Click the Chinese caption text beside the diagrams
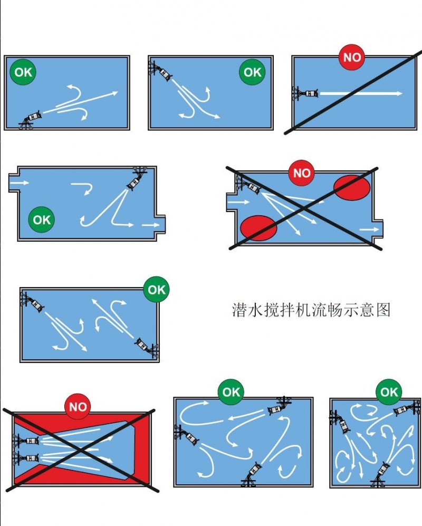(x=311, y=310)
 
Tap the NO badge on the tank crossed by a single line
(x=352, y=57)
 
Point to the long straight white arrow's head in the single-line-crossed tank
(x=399, y=93)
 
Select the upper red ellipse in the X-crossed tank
(x=352, y=187)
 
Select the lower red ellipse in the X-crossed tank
(x=258, y=228)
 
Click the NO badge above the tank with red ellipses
(x=302, y=173)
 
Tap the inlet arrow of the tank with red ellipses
(x=239, y=202)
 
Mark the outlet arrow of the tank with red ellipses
(x=369, y=229)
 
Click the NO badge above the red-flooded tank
(x=78, y=407)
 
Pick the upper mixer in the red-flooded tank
(x=26, y=440)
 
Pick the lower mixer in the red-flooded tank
(x=26, y=458)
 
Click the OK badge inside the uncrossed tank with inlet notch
(x=42, y=219)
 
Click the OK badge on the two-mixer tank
(x=156, y=290)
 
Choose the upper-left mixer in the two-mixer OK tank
(x=32, y=302)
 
